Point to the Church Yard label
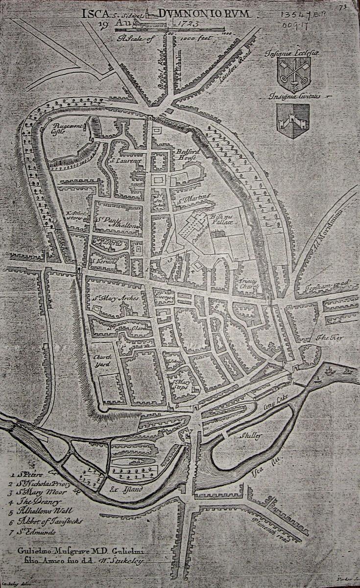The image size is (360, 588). click(103, 361)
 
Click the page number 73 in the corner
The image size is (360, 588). click(342, 7)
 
